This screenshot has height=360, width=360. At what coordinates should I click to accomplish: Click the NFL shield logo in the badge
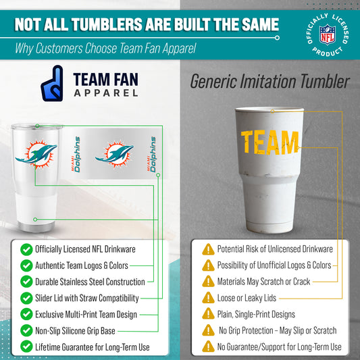pyautogui.click(x=327, y=33)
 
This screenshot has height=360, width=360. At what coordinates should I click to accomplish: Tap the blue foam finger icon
pyautogui.click(x=52, y=83)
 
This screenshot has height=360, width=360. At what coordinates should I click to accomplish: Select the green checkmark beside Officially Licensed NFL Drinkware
pyautogui.click(x=26, y=249)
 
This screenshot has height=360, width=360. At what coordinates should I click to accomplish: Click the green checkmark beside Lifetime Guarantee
pyautogui.click(x=26, y=346)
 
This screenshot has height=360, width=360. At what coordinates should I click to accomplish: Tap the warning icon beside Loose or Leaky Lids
pyautogui.click(x=209, y=298)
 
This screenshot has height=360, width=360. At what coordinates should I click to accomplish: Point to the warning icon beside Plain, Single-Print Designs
pyautogui.click(x=209, y=314)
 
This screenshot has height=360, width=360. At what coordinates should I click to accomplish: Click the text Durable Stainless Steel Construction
pyautogui.click(x=90, y=282)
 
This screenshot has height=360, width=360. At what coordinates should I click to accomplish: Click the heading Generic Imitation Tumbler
pyautogui.click(x=269, y=82)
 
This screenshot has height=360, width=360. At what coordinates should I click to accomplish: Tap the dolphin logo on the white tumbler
pyautogui.click(x=35, y=155)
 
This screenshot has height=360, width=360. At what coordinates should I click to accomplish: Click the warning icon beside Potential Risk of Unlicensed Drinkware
pyautogui.click(x=209, y=249)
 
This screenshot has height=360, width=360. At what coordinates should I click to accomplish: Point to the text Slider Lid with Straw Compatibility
pyautogui.click(x=87, y=298)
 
